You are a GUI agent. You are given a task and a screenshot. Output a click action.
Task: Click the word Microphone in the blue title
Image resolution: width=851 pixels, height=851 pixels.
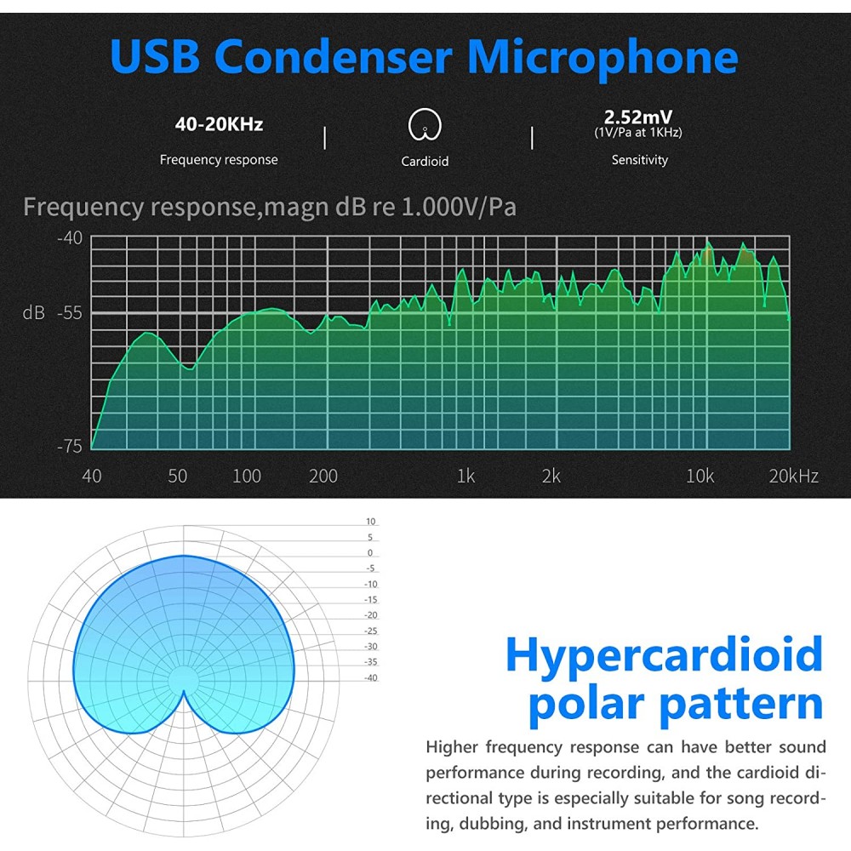tap(603, 59)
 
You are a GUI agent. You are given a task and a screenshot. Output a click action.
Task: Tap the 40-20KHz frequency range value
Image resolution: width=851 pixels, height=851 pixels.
tap(219, 124)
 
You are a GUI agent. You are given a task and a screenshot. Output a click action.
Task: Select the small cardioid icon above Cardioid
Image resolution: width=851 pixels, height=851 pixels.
tap(425, 125)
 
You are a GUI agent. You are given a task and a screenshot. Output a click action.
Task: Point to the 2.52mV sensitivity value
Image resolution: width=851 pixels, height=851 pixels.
tap(637, 117)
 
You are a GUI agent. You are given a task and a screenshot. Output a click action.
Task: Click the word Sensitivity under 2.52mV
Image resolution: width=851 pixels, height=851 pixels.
tap(640, 160)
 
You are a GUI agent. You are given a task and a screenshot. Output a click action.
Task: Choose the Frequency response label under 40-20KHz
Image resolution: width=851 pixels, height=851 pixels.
tap(219, 160)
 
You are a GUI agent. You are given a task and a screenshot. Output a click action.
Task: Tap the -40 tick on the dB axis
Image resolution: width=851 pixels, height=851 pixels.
tap(70, 238)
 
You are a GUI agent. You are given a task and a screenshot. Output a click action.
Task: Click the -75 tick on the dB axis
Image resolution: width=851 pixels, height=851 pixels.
tap(70, 446)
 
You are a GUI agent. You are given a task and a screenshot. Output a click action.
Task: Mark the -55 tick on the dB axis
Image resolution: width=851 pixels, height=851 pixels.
tap(70, 313)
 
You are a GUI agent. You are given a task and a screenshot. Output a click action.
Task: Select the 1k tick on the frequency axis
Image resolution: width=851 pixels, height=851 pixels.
tap(465, 477)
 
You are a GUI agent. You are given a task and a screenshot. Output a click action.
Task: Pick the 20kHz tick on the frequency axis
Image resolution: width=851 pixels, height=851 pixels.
tap(793, 477)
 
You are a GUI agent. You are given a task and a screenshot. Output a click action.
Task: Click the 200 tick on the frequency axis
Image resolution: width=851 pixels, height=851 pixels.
tap(323, 477)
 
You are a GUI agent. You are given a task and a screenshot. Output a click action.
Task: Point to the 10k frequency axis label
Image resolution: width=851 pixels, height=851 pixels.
tap(700, 477)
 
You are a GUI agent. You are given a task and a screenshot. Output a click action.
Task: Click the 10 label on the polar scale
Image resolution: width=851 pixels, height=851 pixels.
tap(371, 522)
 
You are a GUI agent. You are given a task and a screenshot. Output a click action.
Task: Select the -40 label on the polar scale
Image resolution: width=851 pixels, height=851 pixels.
tap(371, 678)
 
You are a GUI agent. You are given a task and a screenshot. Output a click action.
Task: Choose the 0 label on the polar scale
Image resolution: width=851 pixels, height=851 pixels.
tap(370, 553)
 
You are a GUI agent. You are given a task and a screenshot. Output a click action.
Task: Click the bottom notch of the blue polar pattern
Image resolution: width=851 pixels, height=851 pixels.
tap(184, 691)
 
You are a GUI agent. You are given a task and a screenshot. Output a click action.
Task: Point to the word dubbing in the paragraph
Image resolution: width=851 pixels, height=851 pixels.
tap(493, 824)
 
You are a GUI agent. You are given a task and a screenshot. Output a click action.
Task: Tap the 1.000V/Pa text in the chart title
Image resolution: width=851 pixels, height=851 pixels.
tap(459, 207)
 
